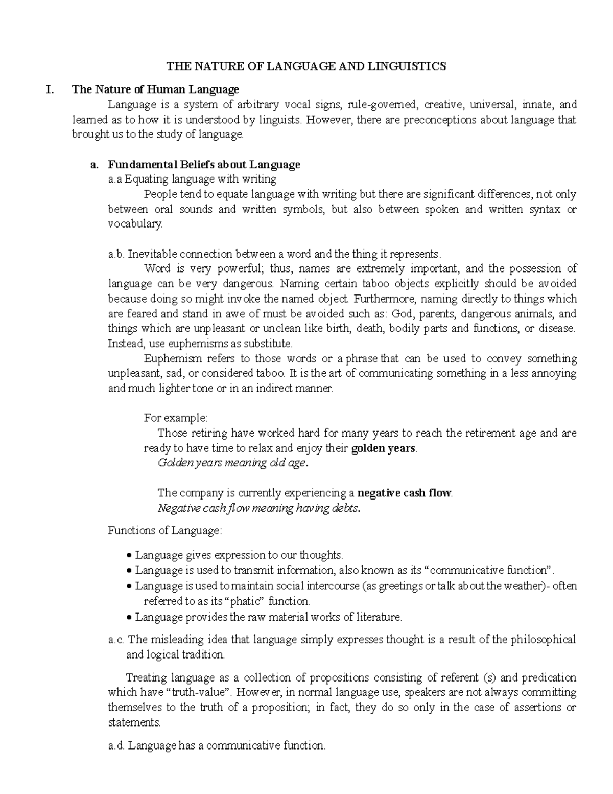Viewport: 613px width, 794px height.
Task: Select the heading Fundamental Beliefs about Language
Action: coord(204,165)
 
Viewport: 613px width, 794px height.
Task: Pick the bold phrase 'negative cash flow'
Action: coord(404,493)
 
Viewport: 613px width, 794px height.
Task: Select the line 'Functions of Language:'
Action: coord(165,531)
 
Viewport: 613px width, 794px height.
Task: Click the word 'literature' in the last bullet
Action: coord(379,617)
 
